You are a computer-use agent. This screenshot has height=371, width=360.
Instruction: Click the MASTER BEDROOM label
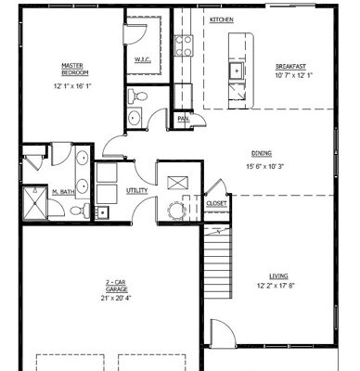tap(73, 69)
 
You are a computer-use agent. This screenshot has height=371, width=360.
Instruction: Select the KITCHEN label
tap(221, 19)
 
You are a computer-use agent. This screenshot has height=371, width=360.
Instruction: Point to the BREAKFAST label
tap(290, 66)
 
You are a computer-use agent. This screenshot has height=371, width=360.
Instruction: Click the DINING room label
tap(263, 154)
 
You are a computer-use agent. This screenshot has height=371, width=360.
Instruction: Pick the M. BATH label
tap(63, 191)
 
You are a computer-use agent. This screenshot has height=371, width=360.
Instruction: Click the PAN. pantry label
tap(184, 119)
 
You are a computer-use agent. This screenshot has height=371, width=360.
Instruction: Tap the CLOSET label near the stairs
tap(217, 202)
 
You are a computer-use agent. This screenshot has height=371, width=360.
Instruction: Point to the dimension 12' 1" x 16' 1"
tap(73, 86)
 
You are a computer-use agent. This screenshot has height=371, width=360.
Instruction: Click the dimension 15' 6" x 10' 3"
tap(263, 166)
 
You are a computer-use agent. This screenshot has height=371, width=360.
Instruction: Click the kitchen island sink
tap(237, 70)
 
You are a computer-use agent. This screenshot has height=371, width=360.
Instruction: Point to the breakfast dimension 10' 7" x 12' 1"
tap(290, 75)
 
